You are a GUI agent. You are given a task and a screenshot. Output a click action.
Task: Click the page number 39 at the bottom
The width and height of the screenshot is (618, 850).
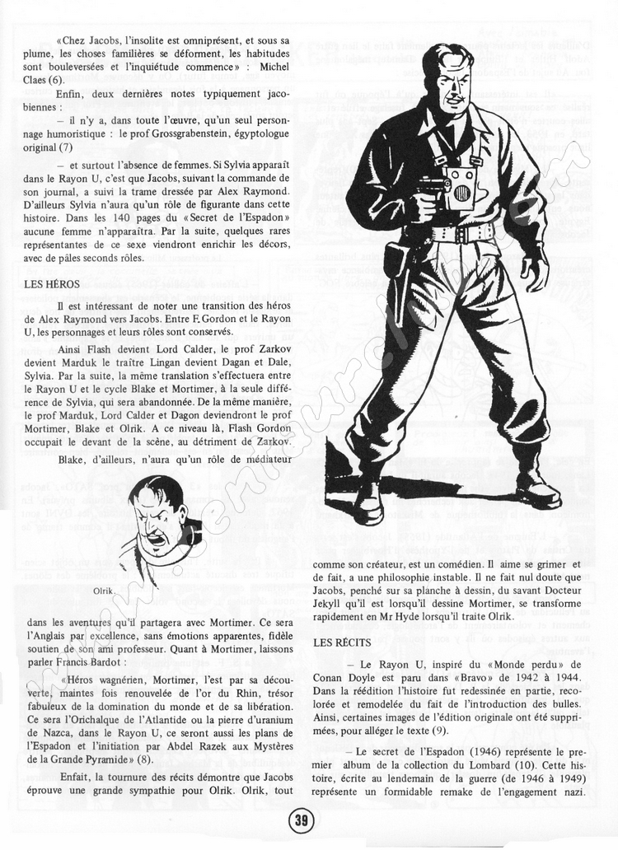(301, 820)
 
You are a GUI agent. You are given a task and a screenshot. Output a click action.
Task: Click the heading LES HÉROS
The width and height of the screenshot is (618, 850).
(52, 284)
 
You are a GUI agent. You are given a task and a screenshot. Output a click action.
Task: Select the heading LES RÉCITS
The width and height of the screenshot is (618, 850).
(344, 641)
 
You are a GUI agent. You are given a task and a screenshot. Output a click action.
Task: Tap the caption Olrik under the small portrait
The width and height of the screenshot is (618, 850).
(104, 591)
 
